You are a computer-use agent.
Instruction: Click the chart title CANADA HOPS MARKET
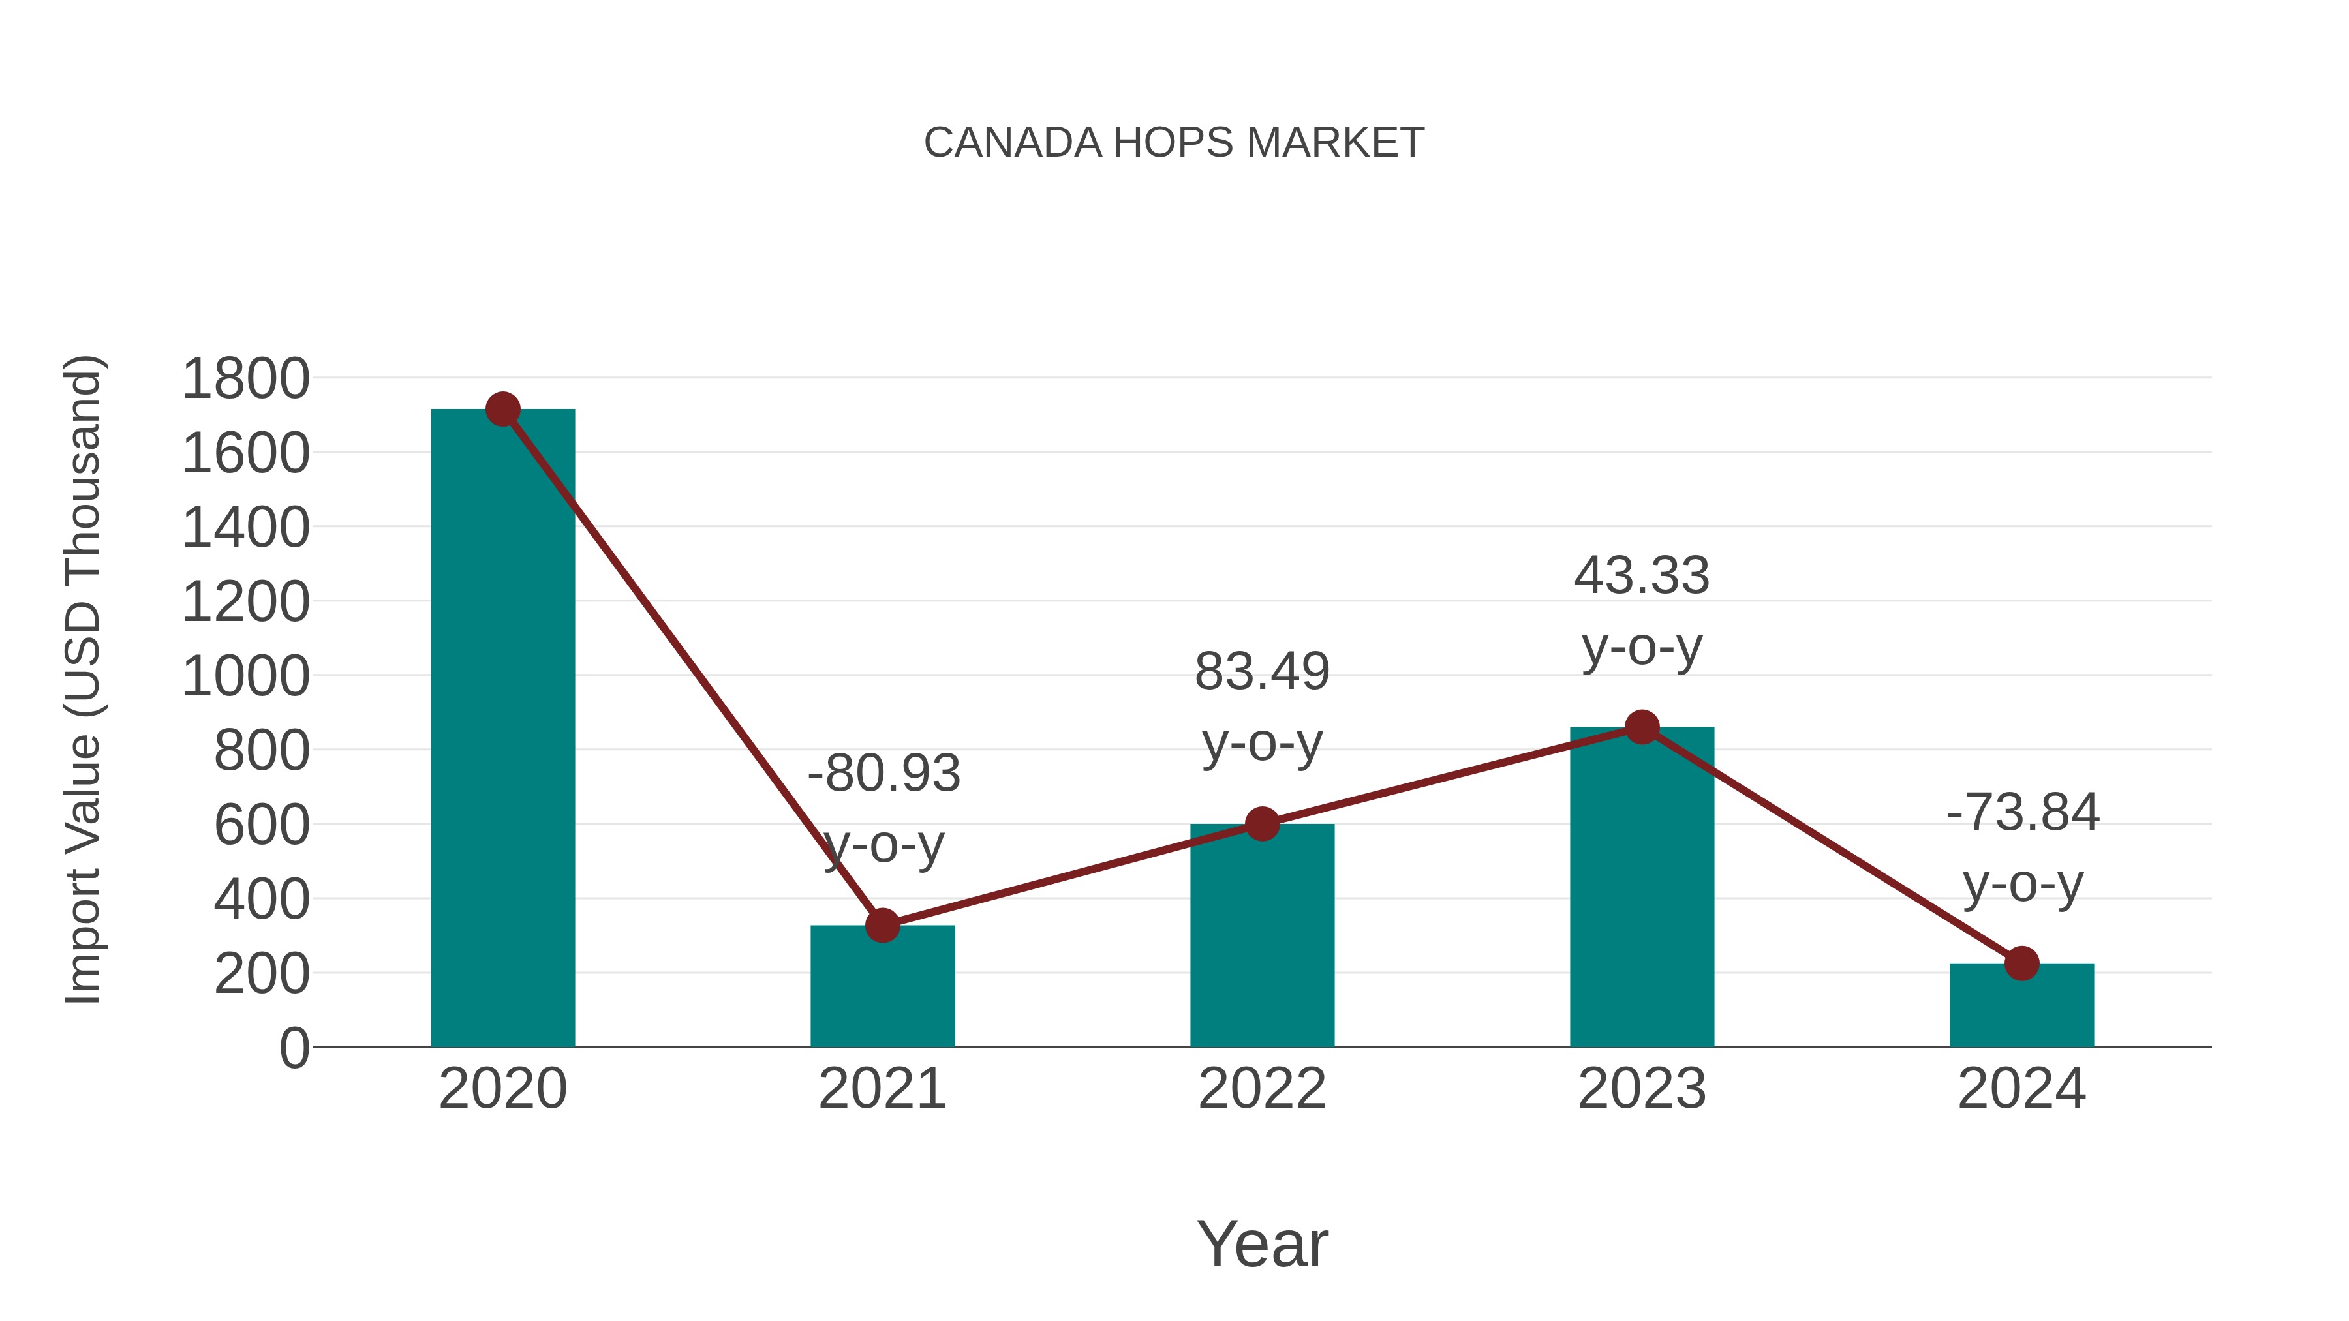point(1174,143)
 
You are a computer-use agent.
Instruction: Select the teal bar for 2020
point(502,729)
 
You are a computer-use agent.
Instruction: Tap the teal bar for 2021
point(882,989)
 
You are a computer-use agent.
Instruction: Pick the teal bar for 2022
point(1262,939)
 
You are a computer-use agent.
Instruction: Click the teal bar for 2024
point(2021,1007)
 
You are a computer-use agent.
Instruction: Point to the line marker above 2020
point(502,409)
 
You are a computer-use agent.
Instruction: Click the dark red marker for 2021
point(882,925)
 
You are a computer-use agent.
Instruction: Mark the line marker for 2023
point(1642,727)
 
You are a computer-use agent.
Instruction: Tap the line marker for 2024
point(2021,964)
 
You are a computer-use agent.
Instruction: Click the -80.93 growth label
point(883,773)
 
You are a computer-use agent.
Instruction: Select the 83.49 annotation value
point(1262,672)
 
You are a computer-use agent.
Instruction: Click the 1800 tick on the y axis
point(245,379)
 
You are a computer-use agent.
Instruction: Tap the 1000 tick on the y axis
point(245,677)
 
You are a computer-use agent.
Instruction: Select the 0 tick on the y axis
point(294,1048)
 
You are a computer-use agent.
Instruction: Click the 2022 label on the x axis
point(1262,1089)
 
